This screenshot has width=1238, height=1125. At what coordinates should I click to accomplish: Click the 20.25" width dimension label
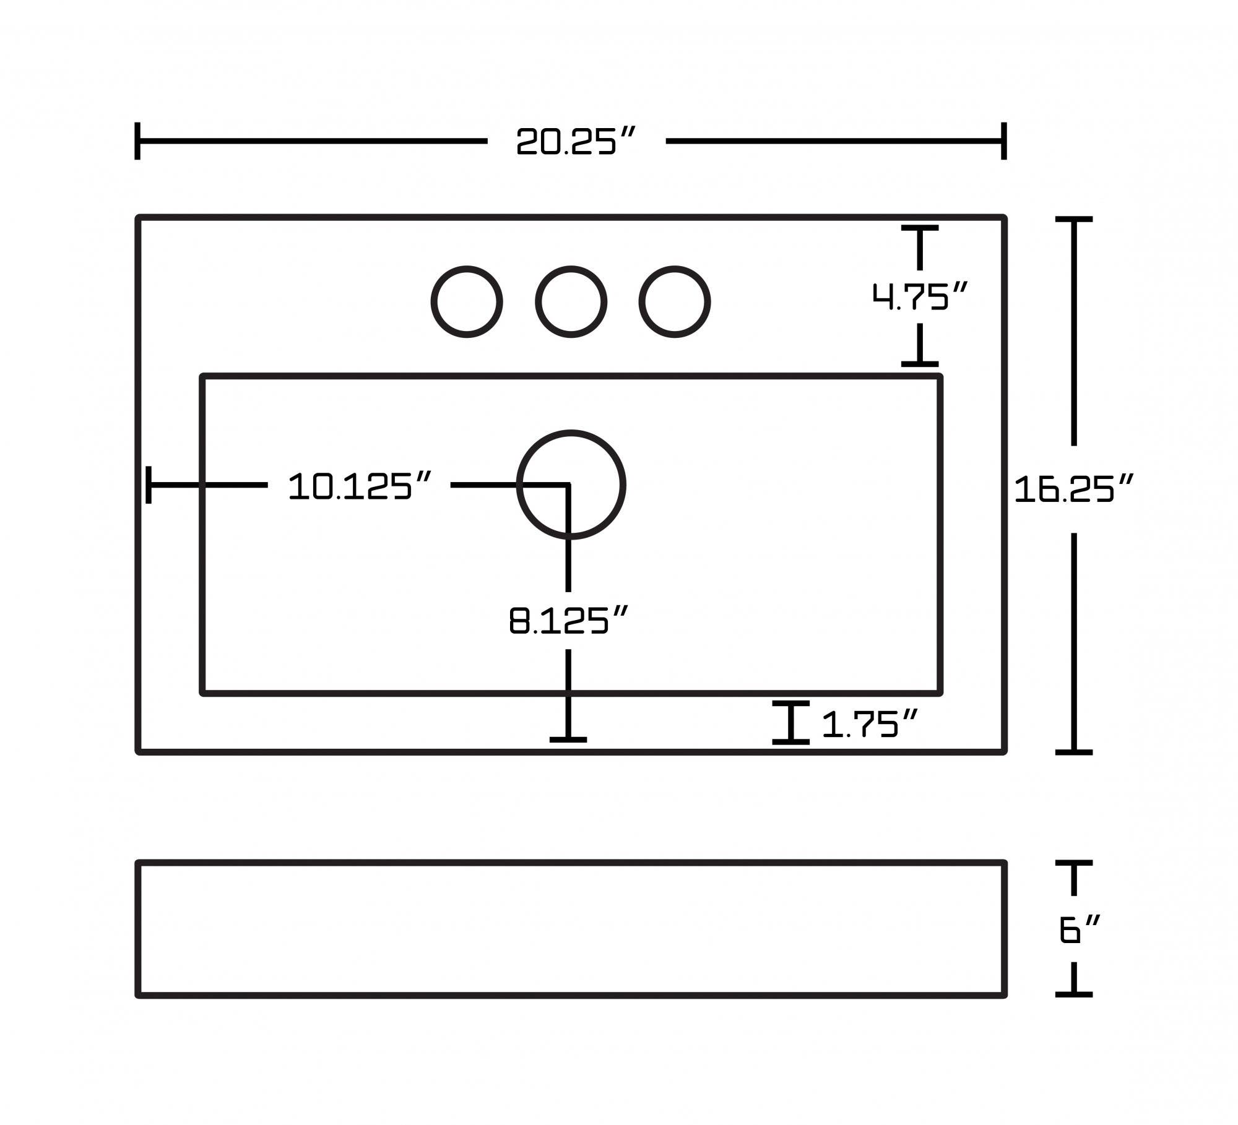[576, 142]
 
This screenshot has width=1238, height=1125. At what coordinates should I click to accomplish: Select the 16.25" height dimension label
[1073, 489]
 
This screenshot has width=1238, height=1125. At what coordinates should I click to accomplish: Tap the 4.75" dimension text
[919, 296]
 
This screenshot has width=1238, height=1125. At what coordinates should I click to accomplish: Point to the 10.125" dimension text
[359, 486]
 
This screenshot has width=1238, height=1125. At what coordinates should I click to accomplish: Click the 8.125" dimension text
[568, 621]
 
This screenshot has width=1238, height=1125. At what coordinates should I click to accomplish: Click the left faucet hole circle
[467, 302]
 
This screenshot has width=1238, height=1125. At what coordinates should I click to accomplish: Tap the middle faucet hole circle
[571, 302]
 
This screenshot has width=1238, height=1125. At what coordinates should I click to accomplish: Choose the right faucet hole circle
[675, 302]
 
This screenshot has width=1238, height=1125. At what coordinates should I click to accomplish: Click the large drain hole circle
[571, 485]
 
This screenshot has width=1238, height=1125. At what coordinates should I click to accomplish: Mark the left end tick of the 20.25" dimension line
[137, 141]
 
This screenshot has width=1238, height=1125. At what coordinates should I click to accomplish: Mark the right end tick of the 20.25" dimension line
[1004, 141]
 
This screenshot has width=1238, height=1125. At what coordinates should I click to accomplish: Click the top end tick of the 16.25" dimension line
[1073, 219]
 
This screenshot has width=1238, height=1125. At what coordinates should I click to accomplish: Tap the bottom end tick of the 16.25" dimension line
[1073, 752]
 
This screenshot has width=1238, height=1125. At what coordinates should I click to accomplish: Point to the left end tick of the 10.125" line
[149, 485]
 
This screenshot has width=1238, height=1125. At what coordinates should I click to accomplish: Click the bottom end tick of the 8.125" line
[568, 739]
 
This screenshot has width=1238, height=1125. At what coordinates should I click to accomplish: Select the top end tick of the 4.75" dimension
[920, 228]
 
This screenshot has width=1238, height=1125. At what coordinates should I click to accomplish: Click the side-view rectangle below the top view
[571, 929]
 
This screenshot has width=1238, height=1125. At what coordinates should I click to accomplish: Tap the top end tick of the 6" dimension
[1073, 863]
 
